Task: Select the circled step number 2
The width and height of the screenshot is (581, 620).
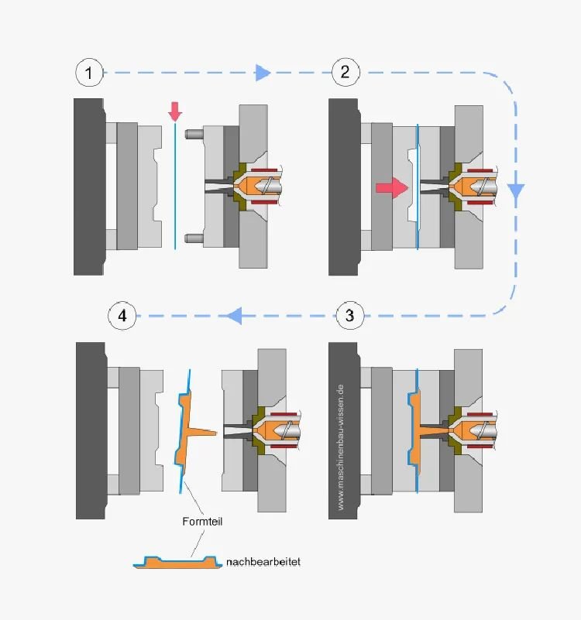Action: pos(345,73)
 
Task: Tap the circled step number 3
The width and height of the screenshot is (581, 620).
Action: pos(350,315)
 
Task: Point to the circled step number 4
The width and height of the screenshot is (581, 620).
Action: pos(121,315)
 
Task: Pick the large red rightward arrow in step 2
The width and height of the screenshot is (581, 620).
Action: pos(392,187)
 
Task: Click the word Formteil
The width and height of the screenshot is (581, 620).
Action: pos(202,521)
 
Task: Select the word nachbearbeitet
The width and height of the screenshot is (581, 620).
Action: pos(263,561)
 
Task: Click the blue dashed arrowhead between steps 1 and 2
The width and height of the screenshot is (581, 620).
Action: pos(263,73)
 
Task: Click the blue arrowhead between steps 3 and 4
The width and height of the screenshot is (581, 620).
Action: pos(235,315)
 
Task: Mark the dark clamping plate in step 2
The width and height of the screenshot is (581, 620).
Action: pos(342,187)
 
